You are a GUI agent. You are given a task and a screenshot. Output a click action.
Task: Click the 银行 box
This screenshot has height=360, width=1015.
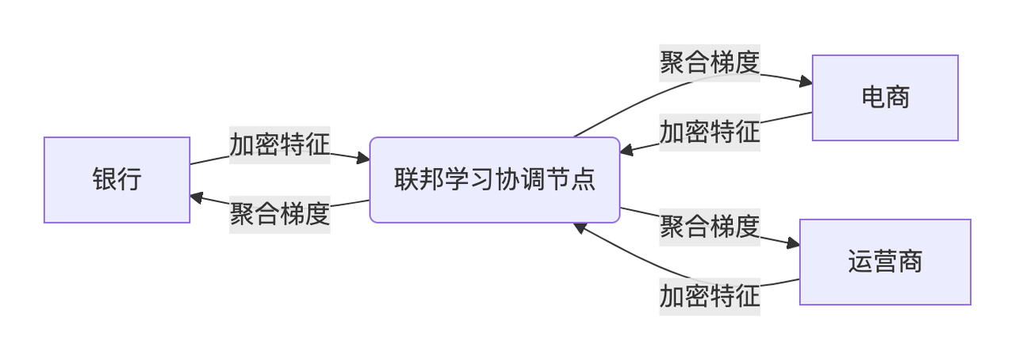pos(117,180)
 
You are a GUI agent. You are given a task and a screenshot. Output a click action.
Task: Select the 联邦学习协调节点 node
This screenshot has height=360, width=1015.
pos(494,180)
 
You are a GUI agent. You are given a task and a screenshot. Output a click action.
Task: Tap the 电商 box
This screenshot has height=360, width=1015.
pos(885,98)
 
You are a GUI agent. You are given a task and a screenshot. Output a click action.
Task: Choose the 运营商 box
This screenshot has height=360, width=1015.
pos(885,262)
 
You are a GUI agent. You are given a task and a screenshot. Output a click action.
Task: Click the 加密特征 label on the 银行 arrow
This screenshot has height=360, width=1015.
pos(280,144)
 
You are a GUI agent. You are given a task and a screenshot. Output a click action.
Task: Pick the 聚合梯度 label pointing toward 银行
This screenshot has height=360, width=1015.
pos(280,214)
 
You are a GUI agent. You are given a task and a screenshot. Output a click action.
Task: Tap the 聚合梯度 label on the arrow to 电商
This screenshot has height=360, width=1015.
pos(710,63)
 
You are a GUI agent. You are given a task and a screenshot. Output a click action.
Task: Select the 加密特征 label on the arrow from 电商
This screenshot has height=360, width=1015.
pos(710,131)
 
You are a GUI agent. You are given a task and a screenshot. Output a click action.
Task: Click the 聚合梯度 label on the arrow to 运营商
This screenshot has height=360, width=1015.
pos(710,227)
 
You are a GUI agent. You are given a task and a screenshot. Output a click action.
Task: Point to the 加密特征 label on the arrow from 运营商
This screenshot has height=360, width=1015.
pos(710,296)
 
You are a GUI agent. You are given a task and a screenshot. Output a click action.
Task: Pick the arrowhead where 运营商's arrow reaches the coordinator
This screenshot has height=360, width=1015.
pos(580,228)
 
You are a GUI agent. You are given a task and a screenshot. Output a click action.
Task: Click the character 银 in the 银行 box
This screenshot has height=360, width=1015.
pos(105,180)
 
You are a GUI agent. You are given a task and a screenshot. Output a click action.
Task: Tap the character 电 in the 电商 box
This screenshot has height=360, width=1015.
pos(873,98)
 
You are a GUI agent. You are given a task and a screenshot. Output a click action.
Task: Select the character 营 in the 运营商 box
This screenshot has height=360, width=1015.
pos(885,262)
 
